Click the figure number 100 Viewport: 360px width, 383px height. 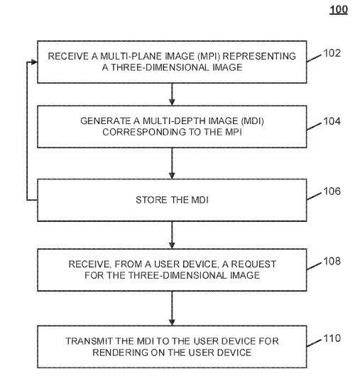[339, 10]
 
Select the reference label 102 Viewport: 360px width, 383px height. [332, 53]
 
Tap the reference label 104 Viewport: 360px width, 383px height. [332, 121]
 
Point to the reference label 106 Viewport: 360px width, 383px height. [332, 191]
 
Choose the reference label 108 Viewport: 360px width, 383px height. [332, 261]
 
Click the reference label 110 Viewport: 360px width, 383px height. [332, 338]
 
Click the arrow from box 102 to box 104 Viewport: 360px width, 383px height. [172, 94]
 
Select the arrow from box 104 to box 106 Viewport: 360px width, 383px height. [172, 163]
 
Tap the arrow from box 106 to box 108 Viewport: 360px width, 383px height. [172, 235]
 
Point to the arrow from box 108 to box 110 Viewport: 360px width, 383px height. [172, 309]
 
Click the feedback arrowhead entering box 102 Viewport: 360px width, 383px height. [34, 62]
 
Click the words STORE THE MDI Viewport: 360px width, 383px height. [172, 200]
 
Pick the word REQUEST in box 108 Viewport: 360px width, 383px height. [254, 264]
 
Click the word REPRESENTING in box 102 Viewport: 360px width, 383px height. [259, 56]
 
